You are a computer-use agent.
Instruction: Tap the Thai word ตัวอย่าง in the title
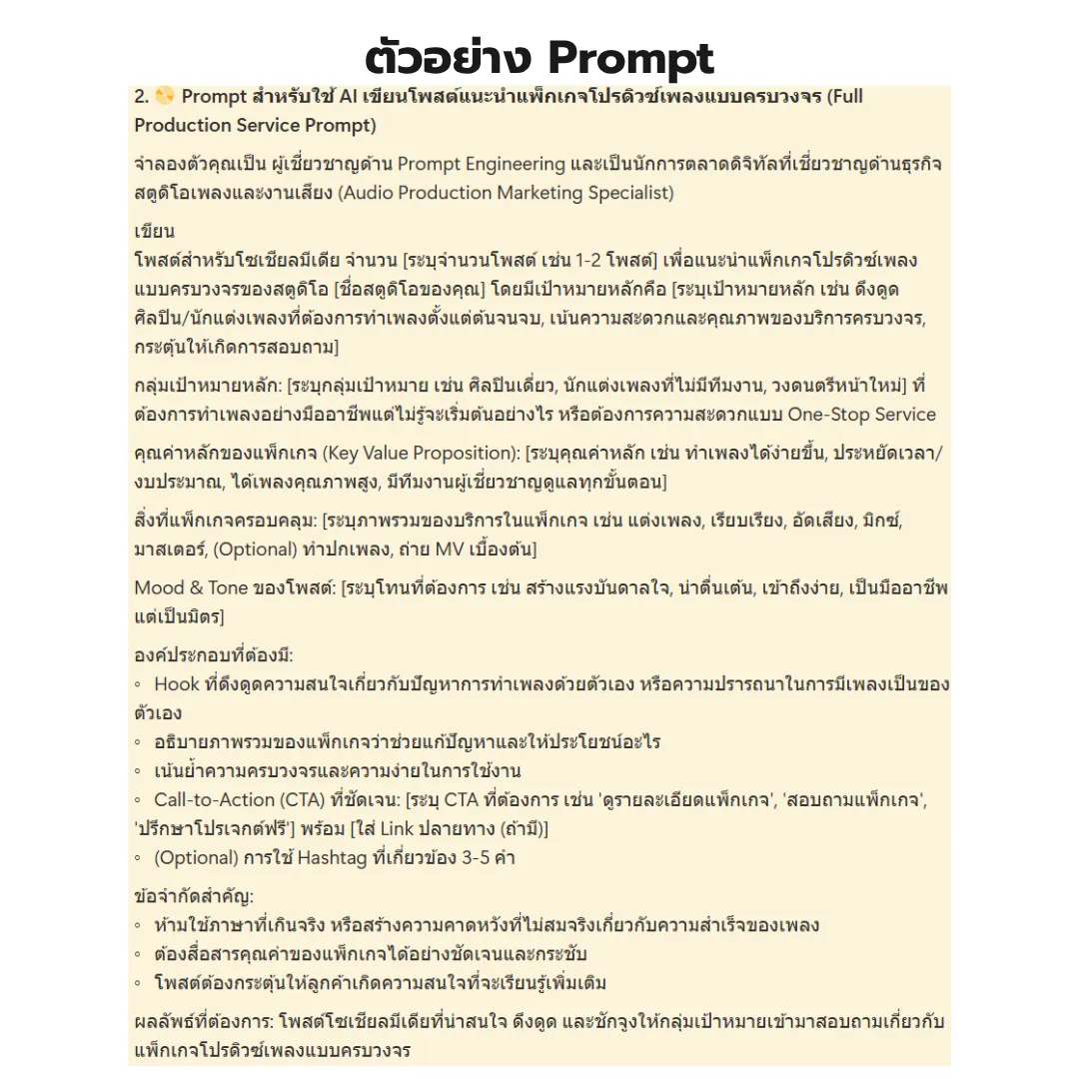pos(449,58)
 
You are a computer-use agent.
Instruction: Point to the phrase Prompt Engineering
pos(482,163)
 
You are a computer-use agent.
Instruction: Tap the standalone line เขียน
pos(155,232)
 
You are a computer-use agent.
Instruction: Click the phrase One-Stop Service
pos(861,414)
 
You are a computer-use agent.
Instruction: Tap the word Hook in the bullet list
pos(177,684)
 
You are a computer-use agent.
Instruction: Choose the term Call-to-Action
pos(214,799)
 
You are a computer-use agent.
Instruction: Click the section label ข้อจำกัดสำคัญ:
pos(194,896)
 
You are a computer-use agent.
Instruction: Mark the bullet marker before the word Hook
pos(138,685)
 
